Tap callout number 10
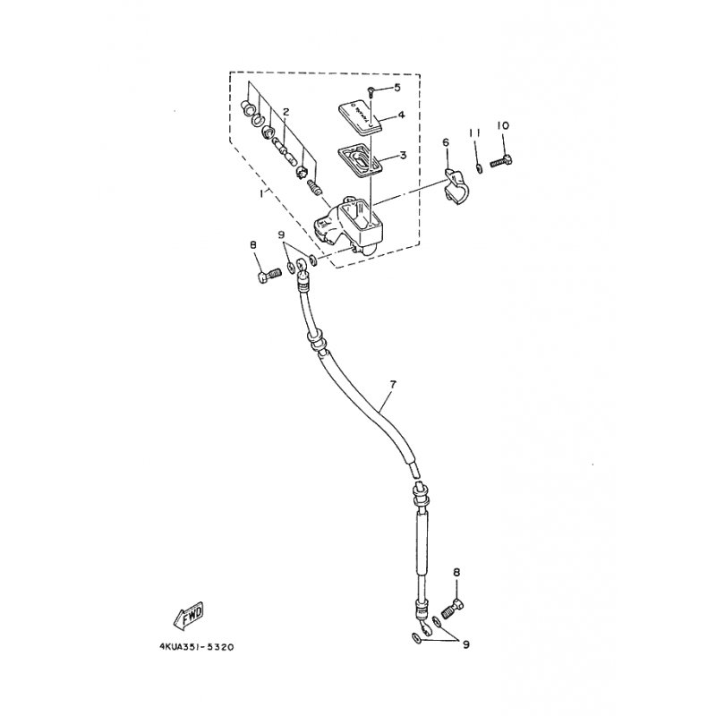coord(502,126)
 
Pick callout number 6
coord(445,142)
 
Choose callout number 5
coord(397,87)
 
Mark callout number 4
coord(402,115)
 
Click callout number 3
coord(402,155)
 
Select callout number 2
coord(286,112)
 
